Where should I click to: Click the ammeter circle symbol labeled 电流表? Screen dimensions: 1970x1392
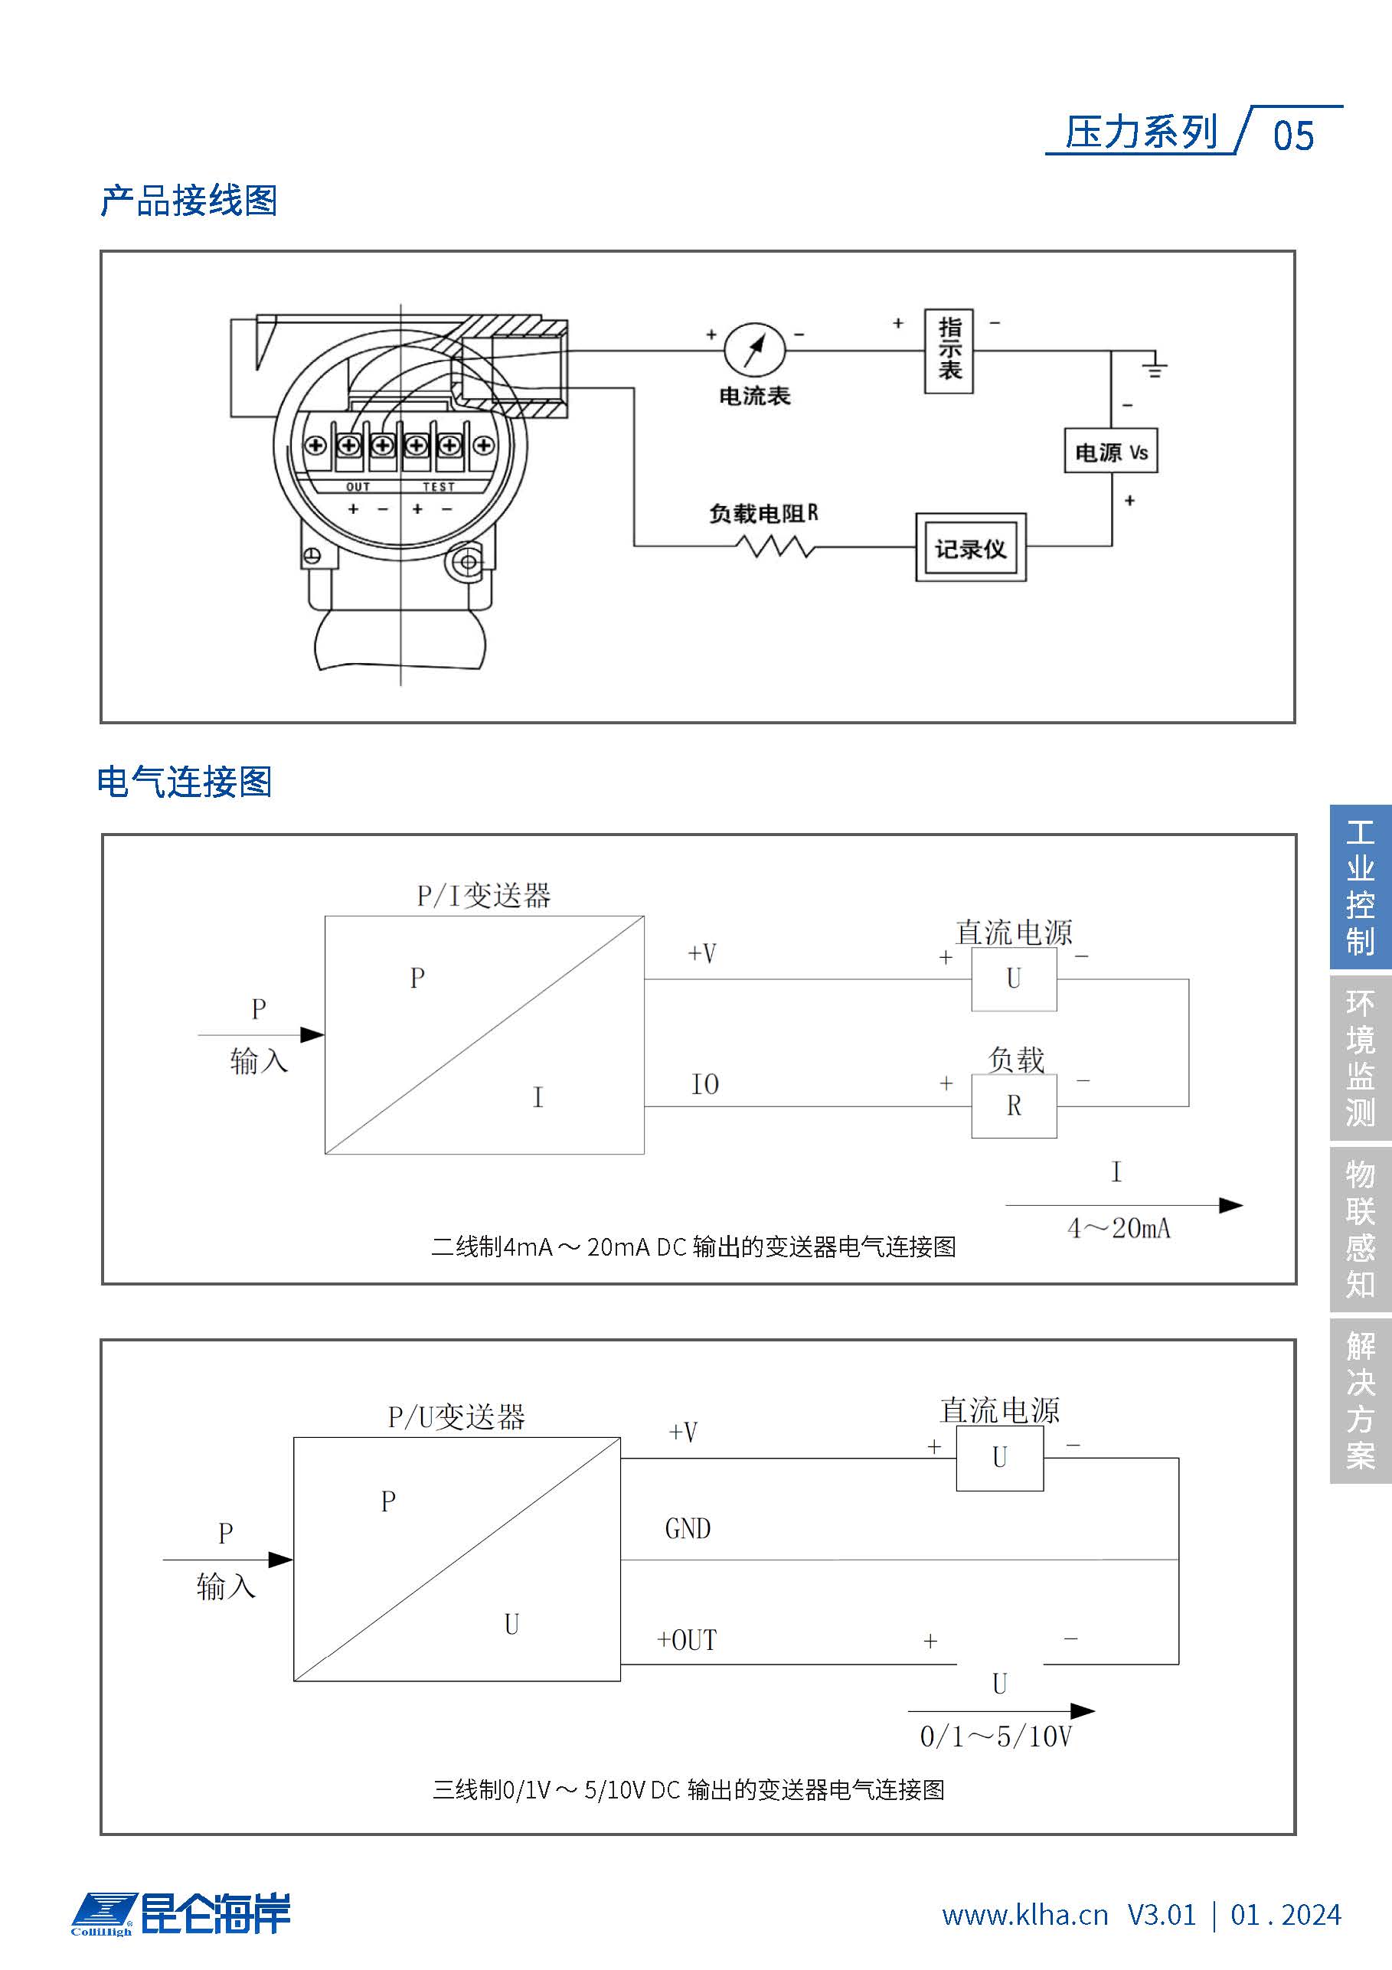pyautogui.click(x=754, y=350)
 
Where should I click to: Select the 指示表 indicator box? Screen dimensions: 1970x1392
pyautogui.click(x=949, y=351)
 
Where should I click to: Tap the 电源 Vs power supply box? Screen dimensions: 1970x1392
pyautogui.click(x=1110, y=451)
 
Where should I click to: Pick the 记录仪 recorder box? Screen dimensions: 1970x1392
pyautogui.click(x=971, y=548)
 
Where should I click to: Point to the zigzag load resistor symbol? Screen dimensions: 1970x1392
pyautogui.click(x=775, y=546)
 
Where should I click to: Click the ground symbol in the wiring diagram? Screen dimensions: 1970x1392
pyautogui.click(x=1155, y=367)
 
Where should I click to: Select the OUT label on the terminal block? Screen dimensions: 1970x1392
pyautogui.click(x=358, y=486)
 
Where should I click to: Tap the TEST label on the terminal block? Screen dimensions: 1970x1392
pyautogui.click(x=438, y=486)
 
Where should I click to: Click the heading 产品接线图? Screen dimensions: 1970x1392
pyautogui.click(x=189, y=201)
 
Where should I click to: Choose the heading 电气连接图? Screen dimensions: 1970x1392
pyautogui.click(x=185, y=782)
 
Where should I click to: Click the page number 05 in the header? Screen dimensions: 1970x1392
pyautogui.click(x=1292, y=136)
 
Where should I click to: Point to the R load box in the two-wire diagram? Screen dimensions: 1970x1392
pyautogui.click(x=1014, y=1106)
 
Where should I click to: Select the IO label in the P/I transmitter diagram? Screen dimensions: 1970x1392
pyautogui.click(x=704, y=1084)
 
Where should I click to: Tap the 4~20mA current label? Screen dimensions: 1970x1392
pyautogui.click(x=1118, y=1229)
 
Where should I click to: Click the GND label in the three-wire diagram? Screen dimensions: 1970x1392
pyautogui.click(x=688, y=1528)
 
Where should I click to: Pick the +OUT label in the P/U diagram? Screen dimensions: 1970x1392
pyautogui.click(x=687, y=1640)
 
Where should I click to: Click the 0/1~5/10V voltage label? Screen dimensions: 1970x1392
pyautogui.click(x=995, y=1736)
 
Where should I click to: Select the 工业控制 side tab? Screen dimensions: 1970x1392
pyautogui.click(x=1361, y=887)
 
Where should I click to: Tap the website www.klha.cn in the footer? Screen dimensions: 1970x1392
pyautogui.click(x=1024, y=1914)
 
